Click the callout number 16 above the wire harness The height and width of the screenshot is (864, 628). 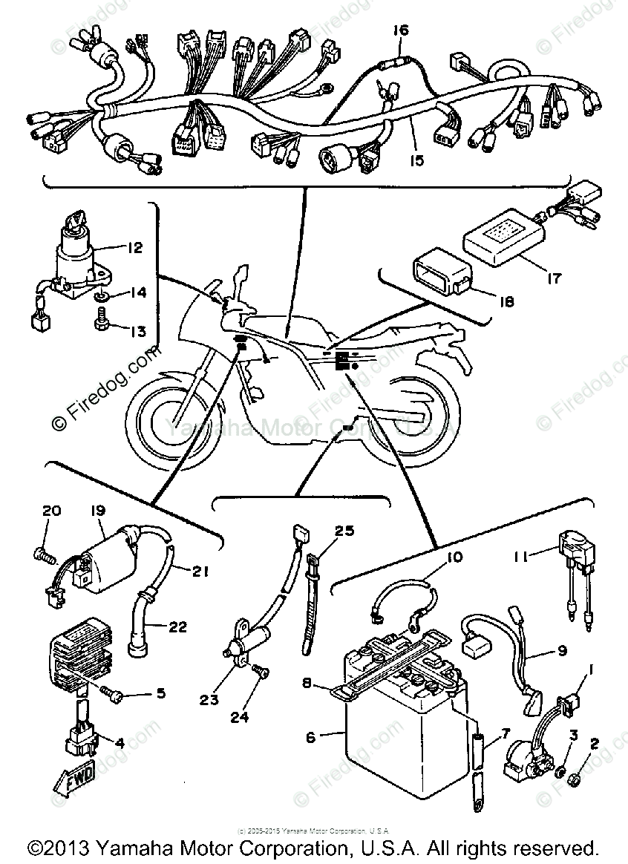pos(401,30)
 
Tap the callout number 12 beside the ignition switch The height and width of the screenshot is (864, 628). pos(134,248)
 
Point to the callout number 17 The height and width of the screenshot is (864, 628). pos(555,279)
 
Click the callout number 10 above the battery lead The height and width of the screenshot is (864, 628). pos(454,556)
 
